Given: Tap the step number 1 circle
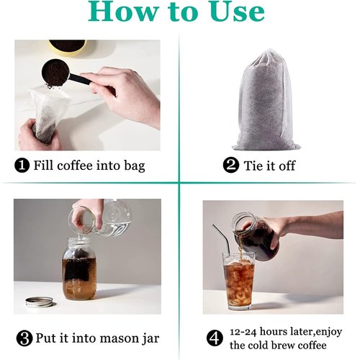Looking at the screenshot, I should tap(22, 166).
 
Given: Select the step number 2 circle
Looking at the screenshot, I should tap(231, 166).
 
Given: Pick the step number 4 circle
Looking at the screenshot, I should tap(215, 336).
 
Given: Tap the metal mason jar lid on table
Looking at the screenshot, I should tap(39, 301).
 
